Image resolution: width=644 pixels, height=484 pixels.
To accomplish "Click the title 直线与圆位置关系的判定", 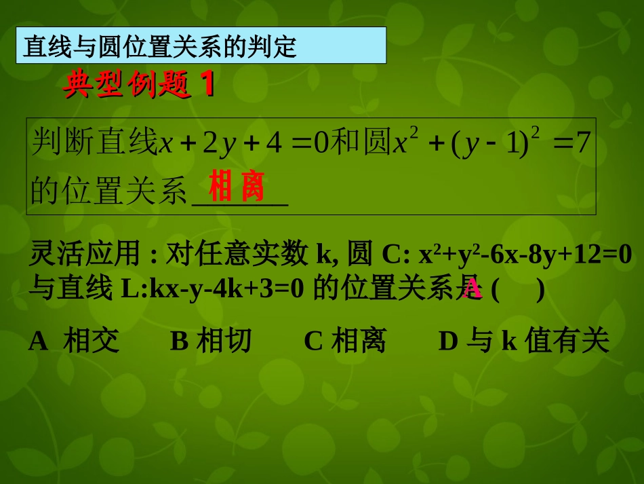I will [160, 46].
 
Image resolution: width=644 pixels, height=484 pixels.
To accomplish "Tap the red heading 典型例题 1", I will [140, 86].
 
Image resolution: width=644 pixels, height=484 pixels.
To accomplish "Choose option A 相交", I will [74, 341].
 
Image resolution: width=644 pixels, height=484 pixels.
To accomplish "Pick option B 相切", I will [211, 341].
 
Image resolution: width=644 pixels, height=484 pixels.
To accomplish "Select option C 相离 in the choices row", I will [344, 341].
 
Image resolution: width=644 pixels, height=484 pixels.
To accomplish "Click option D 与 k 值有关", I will [524, 341].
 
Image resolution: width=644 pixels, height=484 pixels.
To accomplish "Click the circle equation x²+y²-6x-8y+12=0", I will [525, 255].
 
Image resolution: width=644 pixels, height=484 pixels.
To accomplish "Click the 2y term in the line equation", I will [220, 144].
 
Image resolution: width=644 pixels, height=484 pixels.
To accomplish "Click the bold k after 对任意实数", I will [323, 255].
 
